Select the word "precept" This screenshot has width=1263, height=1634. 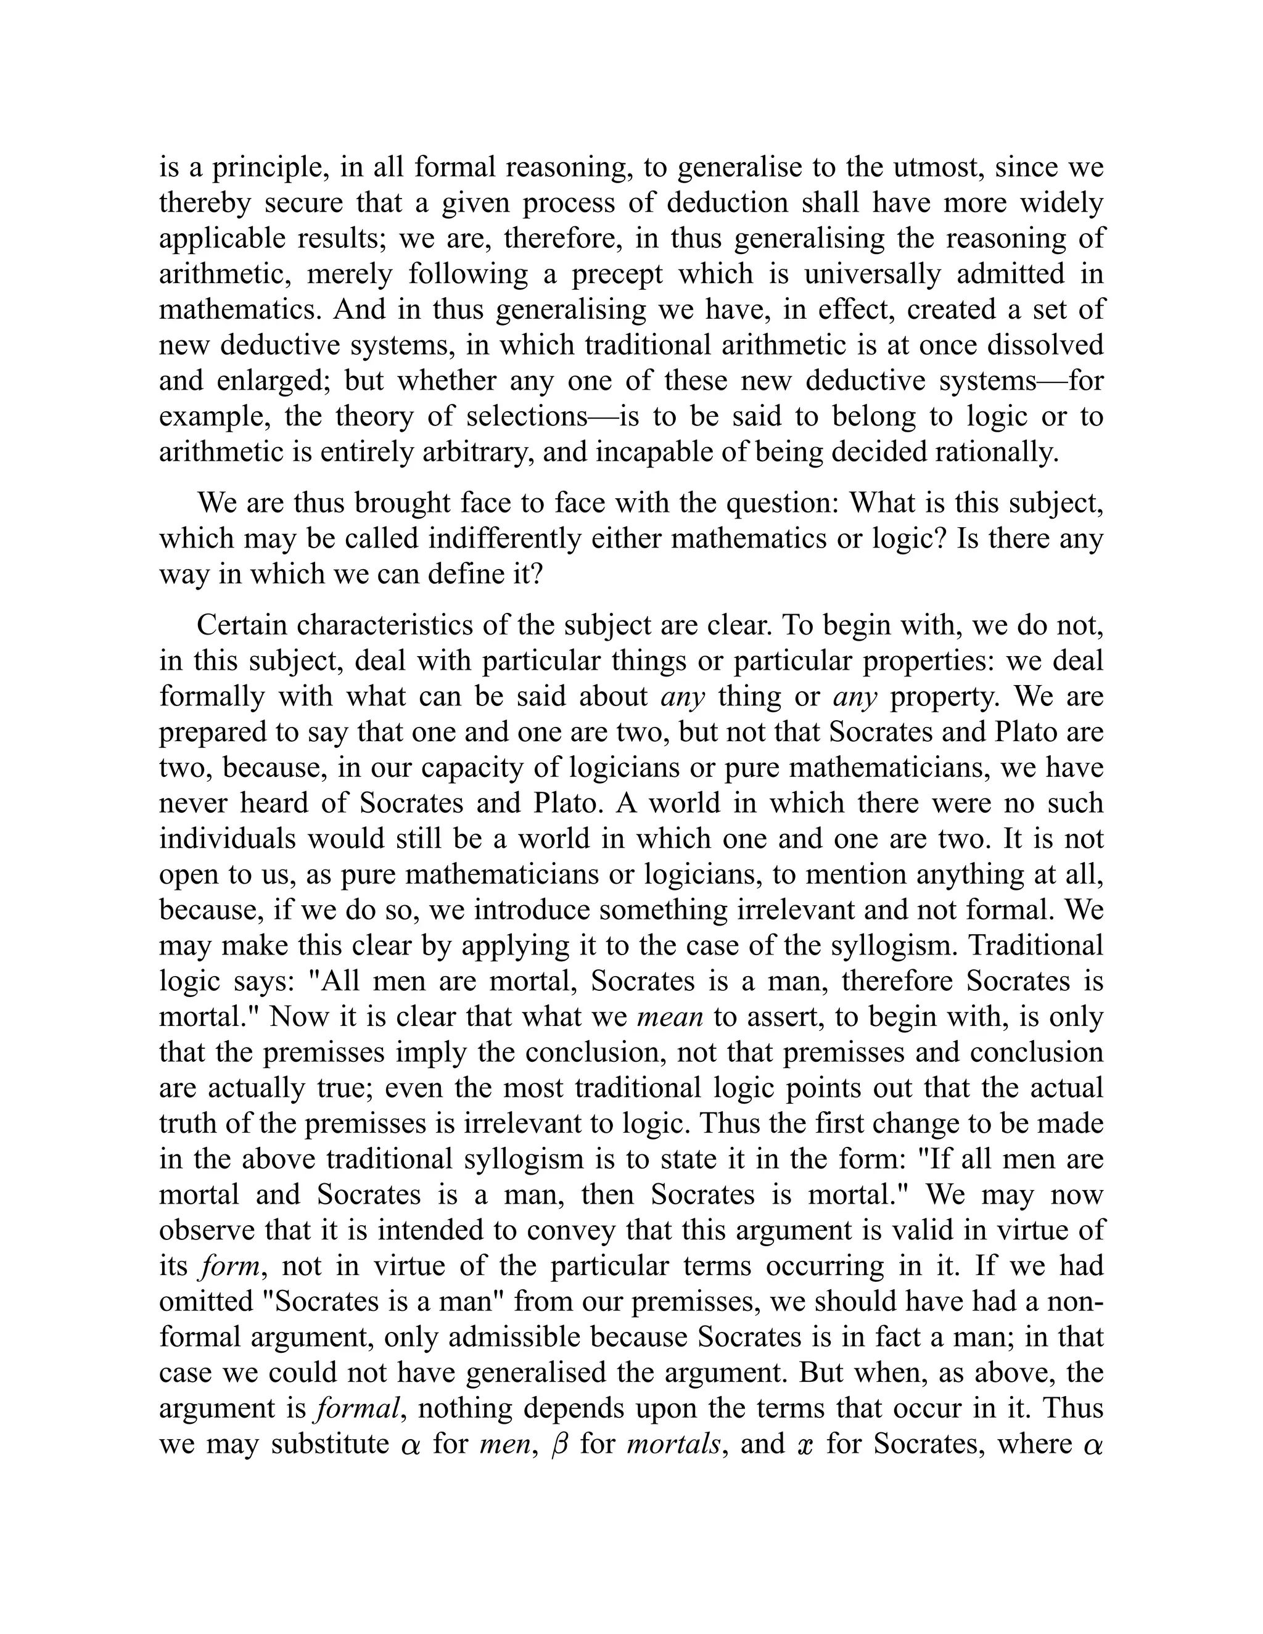(x=617, y=274)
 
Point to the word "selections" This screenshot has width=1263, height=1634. (x=524, y=416)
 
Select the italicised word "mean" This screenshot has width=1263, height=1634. (x=670, y=1017)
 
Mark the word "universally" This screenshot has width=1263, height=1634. (x=871, y=274)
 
